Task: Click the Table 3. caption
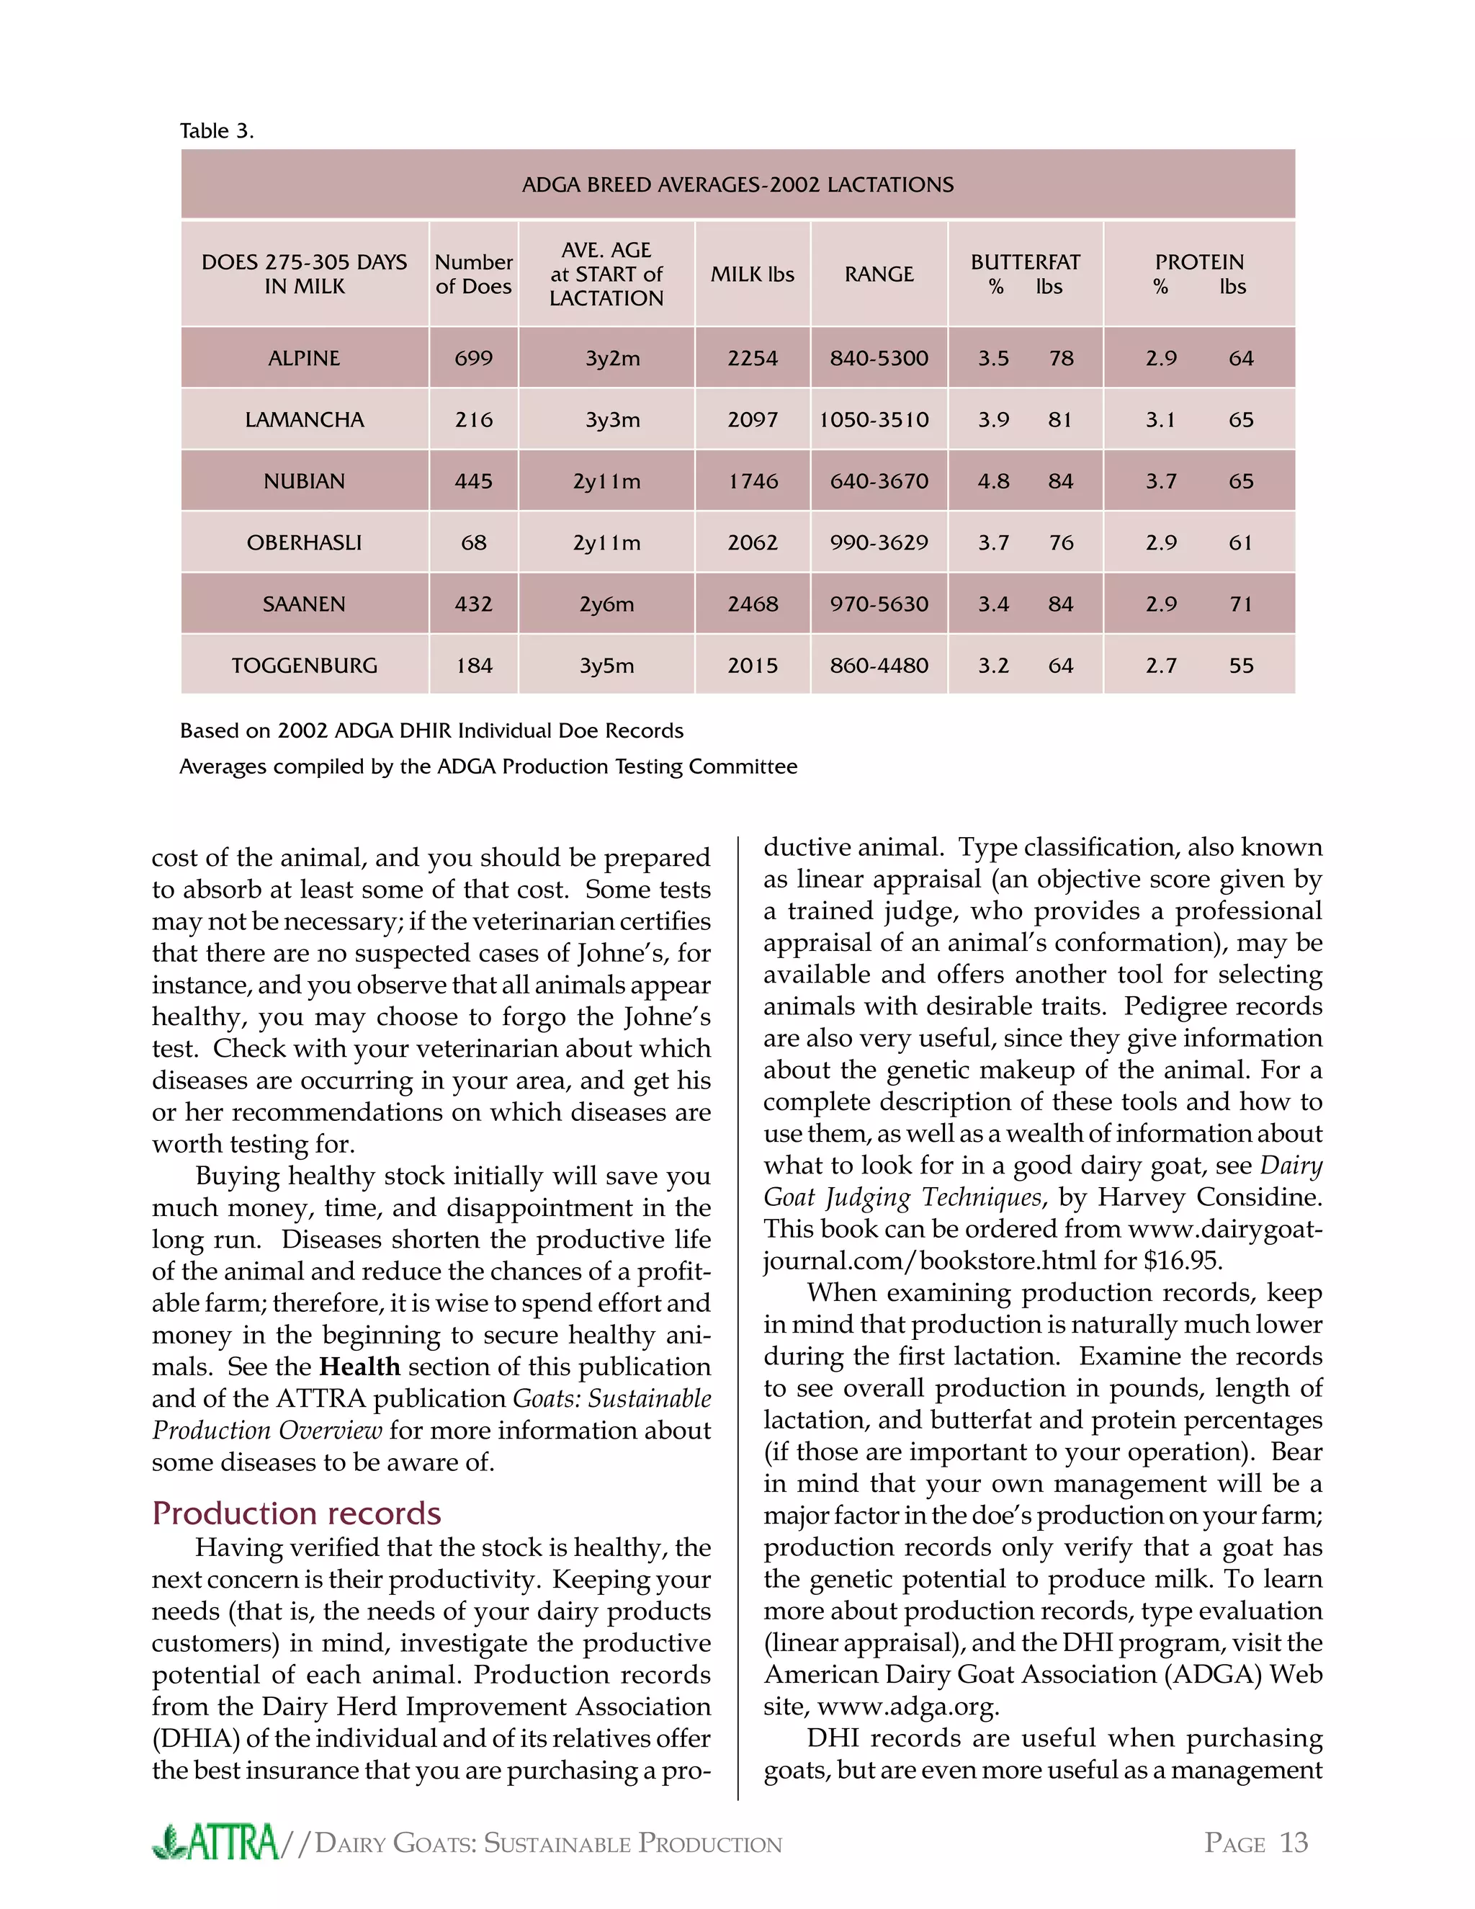[x=217, y=131]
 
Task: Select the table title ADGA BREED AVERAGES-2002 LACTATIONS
[x=737, y=184]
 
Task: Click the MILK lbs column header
[x=753, y=274]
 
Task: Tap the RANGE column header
[x=879, y=274]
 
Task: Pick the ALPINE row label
[x=304, y=358]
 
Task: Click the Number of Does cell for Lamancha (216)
[x=474, y=419]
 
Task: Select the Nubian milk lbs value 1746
[x=753, y=482]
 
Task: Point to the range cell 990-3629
[x=879, y=543]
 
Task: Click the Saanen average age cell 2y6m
[x=606, y=604]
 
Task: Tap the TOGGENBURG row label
[x=304, y=666]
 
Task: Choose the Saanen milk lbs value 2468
[x=753, y=604]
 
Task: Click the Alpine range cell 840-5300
[x=879, y=358]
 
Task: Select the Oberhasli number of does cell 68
[x=474, y=543]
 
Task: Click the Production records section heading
[x=296, y=1513]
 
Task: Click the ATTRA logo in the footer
[x=216, y=1843]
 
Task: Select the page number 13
[x=1294, y=1843]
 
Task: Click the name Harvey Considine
[x=1209, y=1197]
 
